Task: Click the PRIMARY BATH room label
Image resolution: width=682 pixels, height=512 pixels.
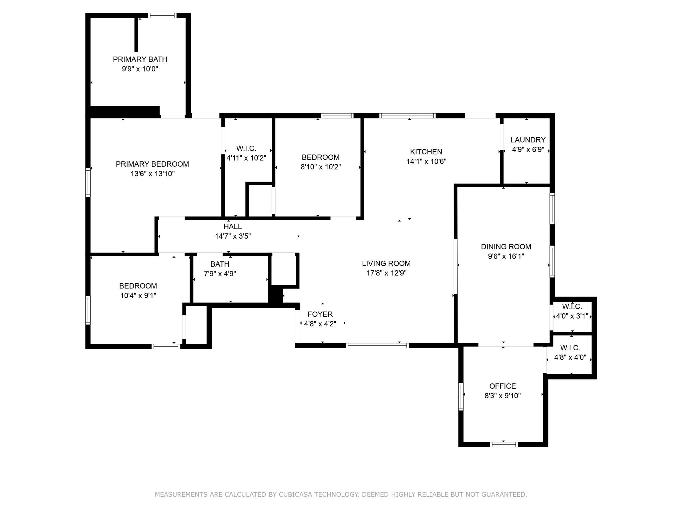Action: point(140,59)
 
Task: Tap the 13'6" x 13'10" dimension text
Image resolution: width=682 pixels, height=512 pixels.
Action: point(153,174)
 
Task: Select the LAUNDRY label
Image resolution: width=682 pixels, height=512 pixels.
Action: point(528,140)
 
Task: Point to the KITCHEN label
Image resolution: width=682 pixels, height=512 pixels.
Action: point(426,152)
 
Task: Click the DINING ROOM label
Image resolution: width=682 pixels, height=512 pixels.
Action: point(506,247)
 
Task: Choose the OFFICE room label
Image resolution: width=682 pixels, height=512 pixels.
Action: point(503,386)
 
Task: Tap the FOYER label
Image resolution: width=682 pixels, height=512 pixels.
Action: point(320,314)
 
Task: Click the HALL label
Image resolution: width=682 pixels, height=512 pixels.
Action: point(232,227)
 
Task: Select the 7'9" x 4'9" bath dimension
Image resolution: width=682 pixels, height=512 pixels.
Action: point(220,274)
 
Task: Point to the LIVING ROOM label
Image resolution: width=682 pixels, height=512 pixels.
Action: point(386,263)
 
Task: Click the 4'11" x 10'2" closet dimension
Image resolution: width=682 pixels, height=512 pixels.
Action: point(246,158)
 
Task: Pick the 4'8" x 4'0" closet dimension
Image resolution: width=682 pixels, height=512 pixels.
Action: point(570,357)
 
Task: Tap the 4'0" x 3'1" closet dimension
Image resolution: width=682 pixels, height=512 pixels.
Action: point(572,316)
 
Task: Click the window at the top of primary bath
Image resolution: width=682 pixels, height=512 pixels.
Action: point(162,15)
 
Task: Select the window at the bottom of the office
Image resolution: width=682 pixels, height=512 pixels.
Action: point(504,444)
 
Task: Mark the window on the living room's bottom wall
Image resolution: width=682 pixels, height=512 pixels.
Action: point(377,346)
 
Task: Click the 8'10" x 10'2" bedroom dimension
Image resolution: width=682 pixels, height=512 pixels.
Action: point(321,167)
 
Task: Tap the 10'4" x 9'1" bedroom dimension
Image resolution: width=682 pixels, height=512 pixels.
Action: point(138,296)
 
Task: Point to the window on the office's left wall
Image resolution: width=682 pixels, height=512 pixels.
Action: point(461,396)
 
